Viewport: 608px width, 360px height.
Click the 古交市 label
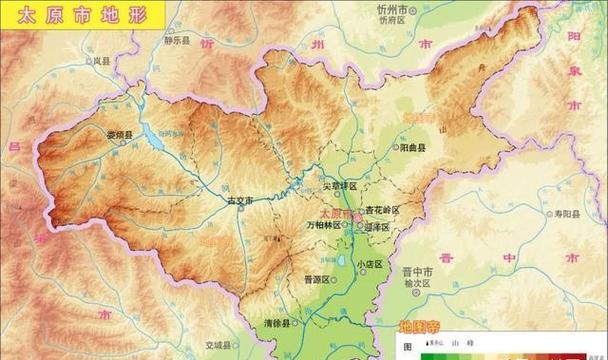pyautogui.click(x=241, y=201)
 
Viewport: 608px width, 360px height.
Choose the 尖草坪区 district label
pyautogui.click(x=339, y=187)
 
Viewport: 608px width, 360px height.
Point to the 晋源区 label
pyautogui.click(x=317, y=281)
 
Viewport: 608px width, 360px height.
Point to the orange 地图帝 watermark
pyautogui.click(x=420, y=326)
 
